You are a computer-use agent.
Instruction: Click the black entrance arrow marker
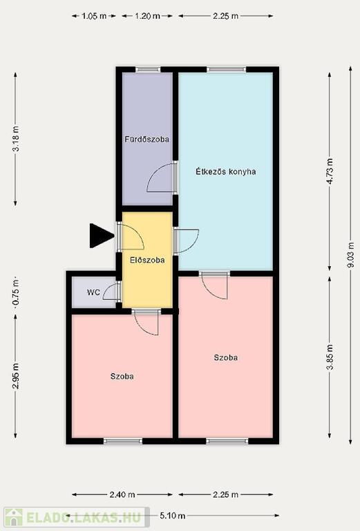[x=100, y=236]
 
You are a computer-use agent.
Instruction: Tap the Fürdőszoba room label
[x=147, y=139]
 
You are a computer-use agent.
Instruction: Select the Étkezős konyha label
[x=226, y=171]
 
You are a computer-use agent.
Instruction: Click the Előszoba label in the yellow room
[x=147, y=260]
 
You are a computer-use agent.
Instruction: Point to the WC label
[x=93, y=292]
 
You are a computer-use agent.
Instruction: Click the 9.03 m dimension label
[x=350, y=255]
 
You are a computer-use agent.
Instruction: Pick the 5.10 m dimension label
[x=173, y=516]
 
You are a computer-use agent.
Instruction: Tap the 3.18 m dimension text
[x=16, y=139]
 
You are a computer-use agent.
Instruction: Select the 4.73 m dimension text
[x=330, y=171]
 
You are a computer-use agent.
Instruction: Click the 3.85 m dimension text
[x=330, y=357]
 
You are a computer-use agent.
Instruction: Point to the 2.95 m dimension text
[x=16, y=376]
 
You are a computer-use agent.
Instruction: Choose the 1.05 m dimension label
[x=94, y=16]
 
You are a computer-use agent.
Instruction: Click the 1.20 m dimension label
[x=147, y=16]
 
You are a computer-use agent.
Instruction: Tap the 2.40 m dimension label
[x=122, y=495]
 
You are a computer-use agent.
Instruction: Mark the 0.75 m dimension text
[x=16, y=293]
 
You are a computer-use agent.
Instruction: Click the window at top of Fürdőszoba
[x=148, y=70]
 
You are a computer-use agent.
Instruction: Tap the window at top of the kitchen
[x=226, y=70]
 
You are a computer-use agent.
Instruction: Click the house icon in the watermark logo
[x=14, y=517]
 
